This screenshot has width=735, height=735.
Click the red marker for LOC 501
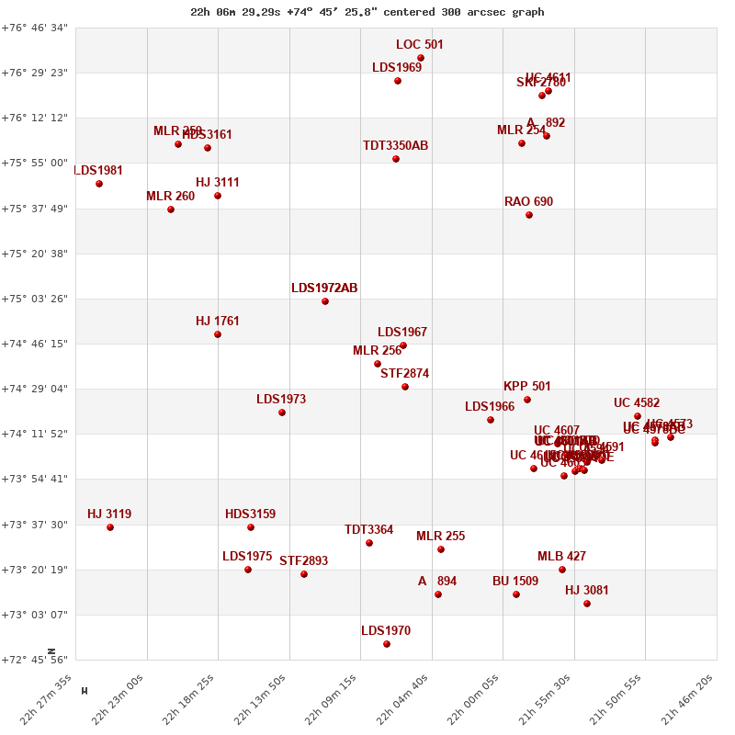[421, 58]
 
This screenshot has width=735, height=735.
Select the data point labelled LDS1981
[99, 184]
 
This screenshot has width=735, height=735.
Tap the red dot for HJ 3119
[110, 527]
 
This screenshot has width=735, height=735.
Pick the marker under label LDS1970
[387, 644]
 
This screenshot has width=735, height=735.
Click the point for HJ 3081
[587, 604]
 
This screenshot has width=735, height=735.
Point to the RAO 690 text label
[528, 202]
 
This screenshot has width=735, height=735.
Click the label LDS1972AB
[324, 288]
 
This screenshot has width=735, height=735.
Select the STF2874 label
[404, 374]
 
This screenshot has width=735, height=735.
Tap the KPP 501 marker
[527, 400]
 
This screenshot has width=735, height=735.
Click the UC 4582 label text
[637, 403]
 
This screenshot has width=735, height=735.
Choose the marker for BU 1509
[516, 594]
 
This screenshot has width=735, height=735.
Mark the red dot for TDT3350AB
[396, 159]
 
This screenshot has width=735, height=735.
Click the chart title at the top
[367, 12]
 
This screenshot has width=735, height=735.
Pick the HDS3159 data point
[251, 527]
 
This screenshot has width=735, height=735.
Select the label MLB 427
[561, 557]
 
